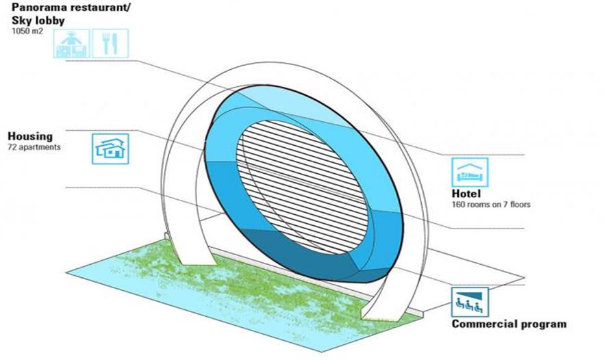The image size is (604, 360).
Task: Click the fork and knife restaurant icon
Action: (109, 43)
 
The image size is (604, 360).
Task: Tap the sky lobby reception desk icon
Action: (70, 43)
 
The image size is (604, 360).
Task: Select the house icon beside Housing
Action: (110, 148)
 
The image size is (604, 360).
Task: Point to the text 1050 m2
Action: (25, 31)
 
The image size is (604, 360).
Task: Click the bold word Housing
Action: (29, 136)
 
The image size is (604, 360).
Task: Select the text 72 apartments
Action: (34, 147)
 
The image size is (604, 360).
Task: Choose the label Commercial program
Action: (508, 324)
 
